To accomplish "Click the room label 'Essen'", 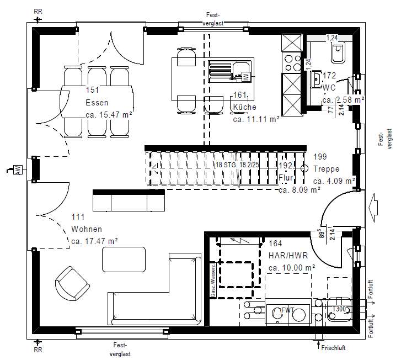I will tap(97, 102).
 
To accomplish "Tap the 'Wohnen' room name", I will tap(87, 229).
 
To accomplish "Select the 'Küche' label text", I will tap(244, 107).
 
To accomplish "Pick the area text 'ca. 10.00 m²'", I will tap(291, 267).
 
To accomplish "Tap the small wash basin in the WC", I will tap(316, 79).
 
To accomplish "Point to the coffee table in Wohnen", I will tap(124, 259).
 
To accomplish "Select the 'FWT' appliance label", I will tap(287, 310).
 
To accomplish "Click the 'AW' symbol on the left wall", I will tap(18, 169).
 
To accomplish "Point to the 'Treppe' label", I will tap(326, 169).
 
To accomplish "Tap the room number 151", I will tap(92, 91).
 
